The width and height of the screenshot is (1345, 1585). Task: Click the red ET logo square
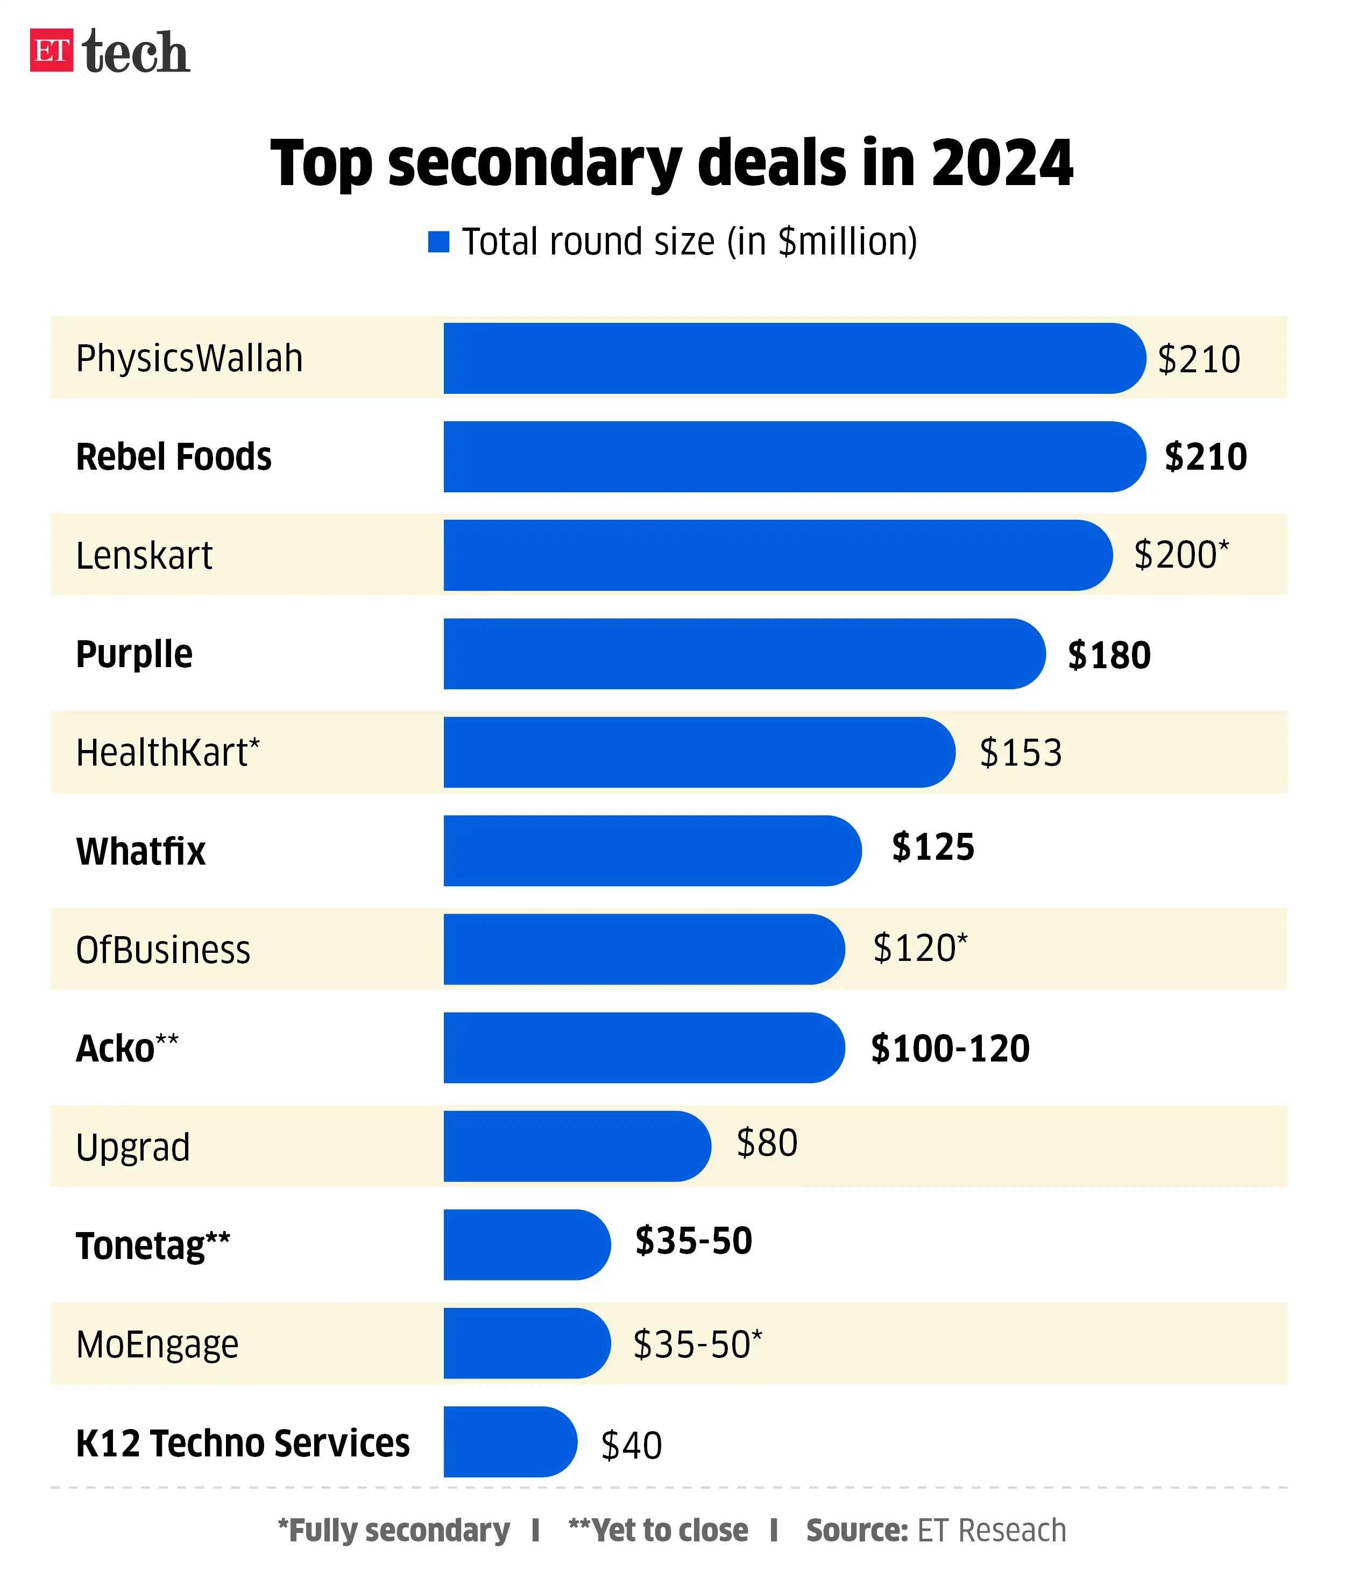51,51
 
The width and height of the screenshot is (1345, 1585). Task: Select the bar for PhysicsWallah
793,358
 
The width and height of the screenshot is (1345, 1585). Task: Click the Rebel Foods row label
174,457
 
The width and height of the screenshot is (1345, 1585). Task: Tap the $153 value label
1020,753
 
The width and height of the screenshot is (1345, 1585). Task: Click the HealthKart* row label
168,753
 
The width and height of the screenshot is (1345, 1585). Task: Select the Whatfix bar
652,851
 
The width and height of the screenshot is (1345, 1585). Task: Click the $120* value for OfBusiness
919,949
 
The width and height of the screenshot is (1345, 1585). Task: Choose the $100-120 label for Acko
950,1048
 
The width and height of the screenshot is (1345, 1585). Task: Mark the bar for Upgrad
576,1146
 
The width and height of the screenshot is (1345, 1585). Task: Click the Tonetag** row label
152,1246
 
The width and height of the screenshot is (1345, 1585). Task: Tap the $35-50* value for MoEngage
697,1344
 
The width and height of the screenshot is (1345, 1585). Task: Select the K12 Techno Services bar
509,1442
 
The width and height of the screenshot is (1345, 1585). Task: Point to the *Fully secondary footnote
393,1530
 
